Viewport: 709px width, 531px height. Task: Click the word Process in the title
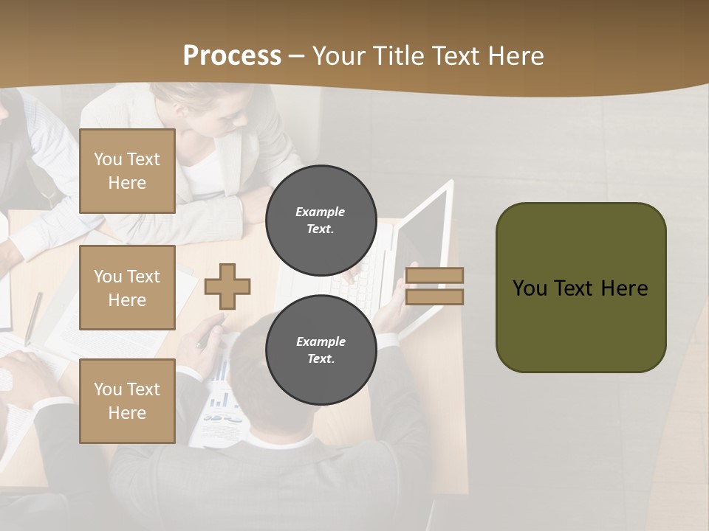[232, 56]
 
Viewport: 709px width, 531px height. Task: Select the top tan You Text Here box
[127, 171]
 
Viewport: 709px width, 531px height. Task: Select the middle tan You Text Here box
[127, 288]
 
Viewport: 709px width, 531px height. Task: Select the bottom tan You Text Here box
[127, 401]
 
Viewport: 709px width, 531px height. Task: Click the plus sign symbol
[227, 286]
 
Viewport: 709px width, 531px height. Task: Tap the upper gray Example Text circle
[321, 220]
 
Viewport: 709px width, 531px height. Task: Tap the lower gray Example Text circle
[321, 350]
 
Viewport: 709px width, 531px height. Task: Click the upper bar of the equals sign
[435, 275]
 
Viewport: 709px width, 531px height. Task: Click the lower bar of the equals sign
[435, 297]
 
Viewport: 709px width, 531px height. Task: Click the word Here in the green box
[624, 288]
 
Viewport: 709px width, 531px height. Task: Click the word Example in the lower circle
[321, 341]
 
